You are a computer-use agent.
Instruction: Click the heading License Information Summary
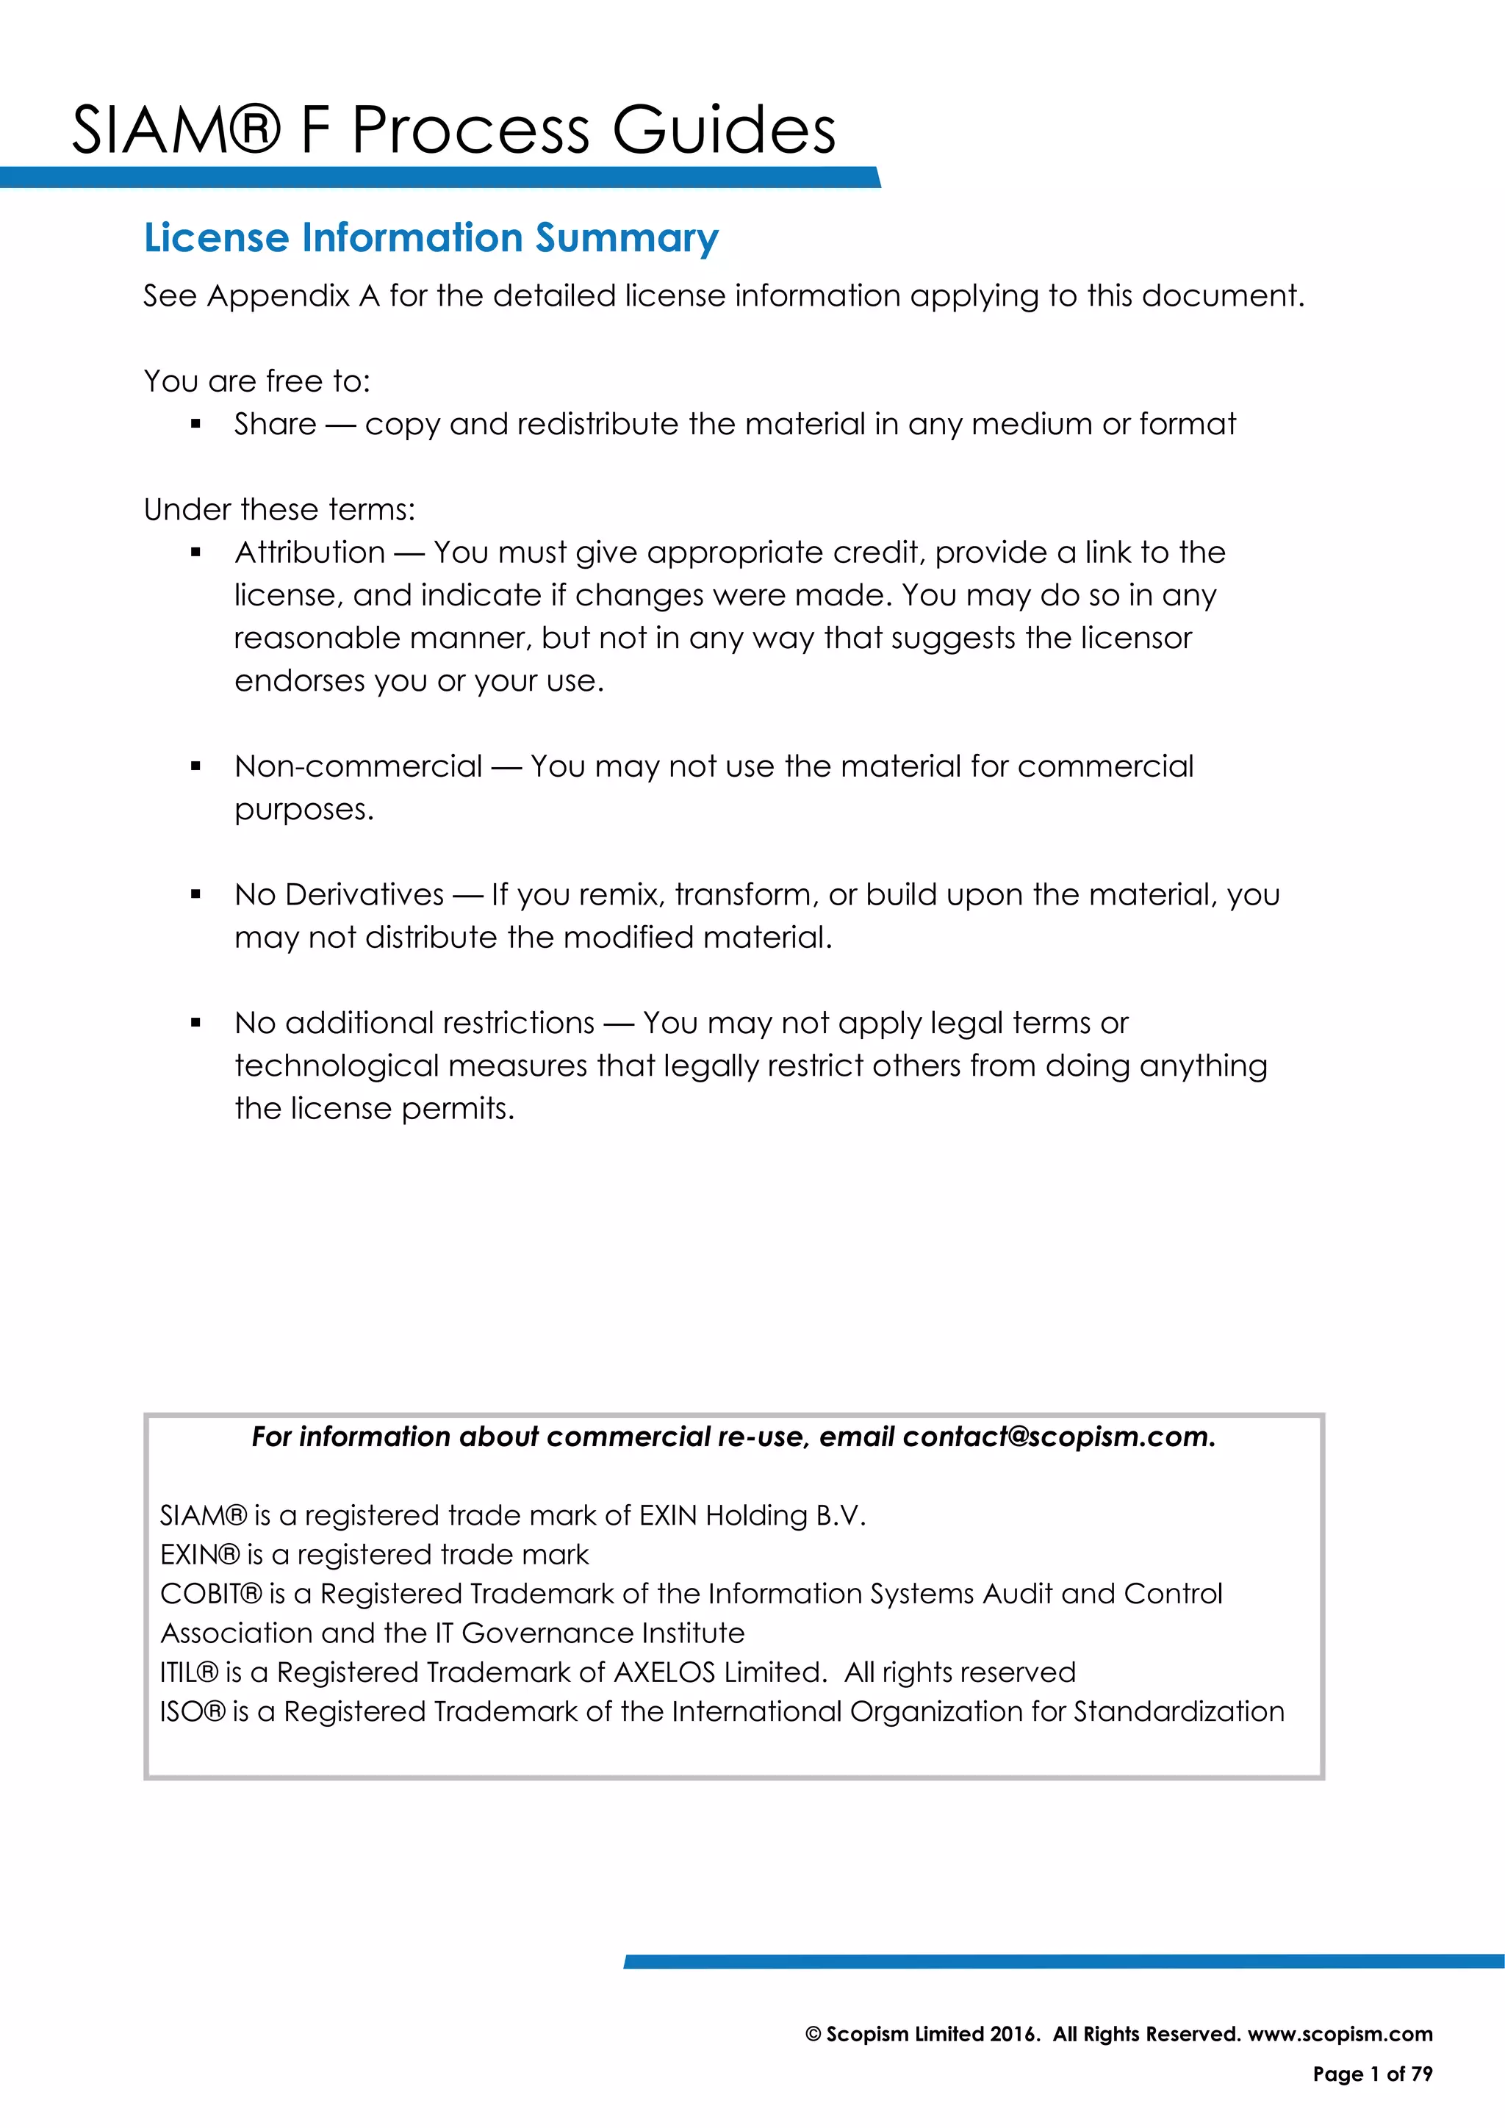tap(431, 238)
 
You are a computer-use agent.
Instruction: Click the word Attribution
tap(309, 553)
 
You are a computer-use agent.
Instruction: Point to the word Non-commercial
tap(359, 766)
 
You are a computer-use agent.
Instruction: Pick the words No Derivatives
tap(340, 894)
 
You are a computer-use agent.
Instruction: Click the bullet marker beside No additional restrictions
tap(195, 1024)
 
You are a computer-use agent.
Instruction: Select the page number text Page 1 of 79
tap(1373, 2074)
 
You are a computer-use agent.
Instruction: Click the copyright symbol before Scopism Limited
tap(813, 2035)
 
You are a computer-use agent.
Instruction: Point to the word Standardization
tap(1179, 1712)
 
